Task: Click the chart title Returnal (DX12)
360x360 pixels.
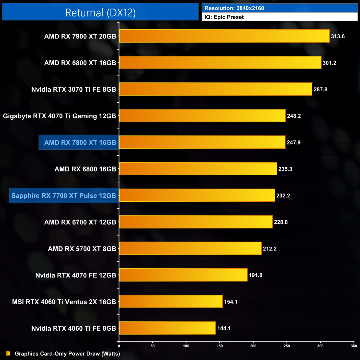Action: coord(100,13)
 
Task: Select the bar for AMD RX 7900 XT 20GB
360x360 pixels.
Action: coord(224,36)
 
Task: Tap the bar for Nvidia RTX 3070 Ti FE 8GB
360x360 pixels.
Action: coord(215,89)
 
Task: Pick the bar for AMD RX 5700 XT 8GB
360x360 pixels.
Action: coord(190,248)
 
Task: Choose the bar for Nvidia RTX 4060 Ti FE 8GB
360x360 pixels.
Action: coord(167,328)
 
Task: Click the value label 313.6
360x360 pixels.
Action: coord(338,36)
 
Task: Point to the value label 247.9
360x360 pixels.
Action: coord(294,143)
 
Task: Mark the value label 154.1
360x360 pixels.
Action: coord(230,302)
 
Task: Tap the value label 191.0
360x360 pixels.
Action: coord(255,275)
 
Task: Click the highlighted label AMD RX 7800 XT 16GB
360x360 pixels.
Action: coord(80,143)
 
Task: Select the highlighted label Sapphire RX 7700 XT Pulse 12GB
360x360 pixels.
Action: coord(64,196)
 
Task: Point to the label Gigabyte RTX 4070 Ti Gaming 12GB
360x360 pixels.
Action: coord(59,116)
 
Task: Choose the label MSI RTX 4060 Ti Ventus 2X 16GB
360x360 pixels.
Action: coord(64,302)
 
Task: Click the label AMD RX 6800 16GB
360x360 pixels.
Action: coord(85,169)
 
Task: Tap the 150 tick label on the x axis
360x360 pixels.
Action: coord(220,346)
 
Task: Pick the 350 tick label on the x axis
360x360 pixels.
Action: coord(354,346)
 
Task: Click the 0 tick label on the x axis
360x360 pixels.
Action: coord(119,346)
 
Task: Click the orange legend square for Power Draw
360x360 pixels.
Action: coord(8,353)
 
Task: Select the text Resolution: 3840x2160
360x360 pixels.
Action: coord(234,8)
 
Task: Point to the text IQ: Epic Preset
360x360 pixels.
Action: coord(224,17)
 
